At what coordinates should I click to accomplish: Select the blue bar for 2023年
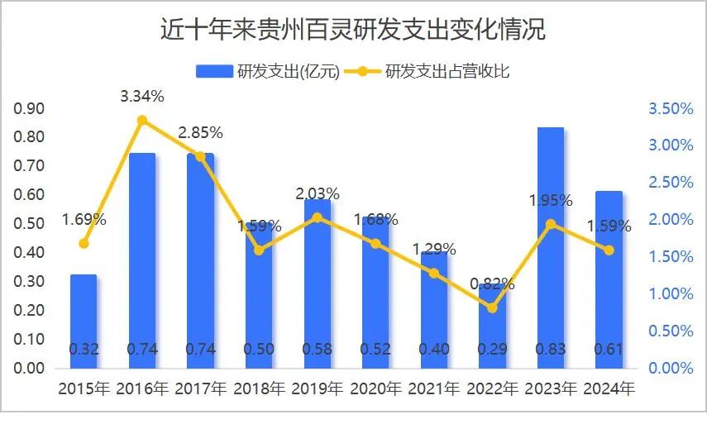click(x=551, y=248)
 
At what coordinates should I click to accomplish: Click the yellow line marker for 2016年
click(x=142, y=121)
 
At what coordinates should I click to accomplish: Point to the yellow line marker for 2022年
click(x=492, y=307)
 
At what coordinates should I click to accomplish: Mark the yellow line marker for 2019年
click(x=317, y=217)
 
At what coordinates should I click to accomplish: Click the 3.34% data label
click(x=142, y=96)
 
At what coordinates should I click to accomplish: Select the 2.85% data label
click(x=200, y=132)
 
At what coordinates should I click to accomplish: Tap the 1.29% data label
click(x=434, y=247)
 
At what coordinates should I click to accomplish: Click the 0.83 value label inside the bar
click(x=551, y=349)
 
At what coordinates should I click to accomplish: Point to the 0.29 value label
click(x=492, y=349)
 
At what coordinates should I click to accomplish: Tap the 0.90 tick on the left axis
click(x=30, y=108)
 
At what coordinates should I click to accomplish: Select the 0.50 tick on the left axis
click(x=30, y=224)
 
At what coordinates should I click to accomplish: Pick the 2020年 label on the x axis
click(x=376, y=388)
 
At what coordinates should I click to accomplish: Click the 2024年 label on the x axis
click(x=609, y=388)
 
